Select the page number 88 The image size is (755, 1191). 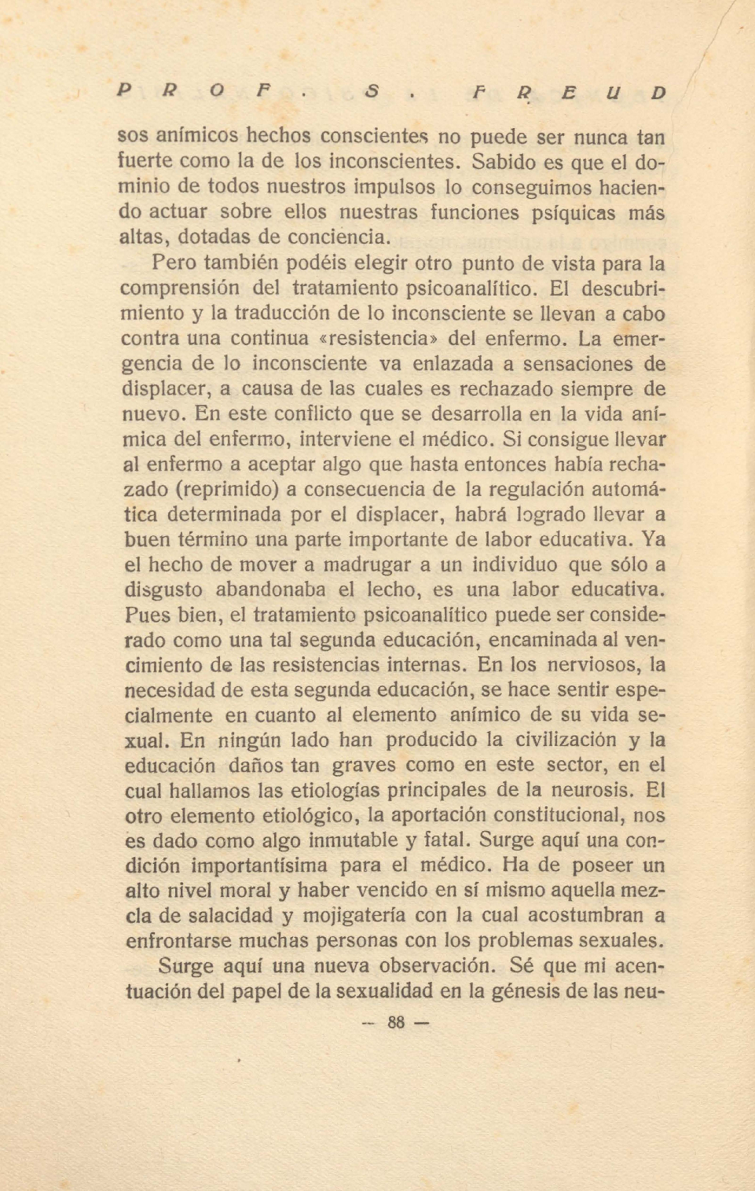pyautogui.click(x=396, y=1023)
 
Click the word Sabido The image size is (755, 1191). pyautogui.click(x=505, y=163)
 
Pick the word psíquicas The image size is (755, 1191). pyautogui.click(x=559, y=213)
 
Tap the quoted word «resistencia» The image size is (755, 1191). pyautogui.click(x=379, y=339)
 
